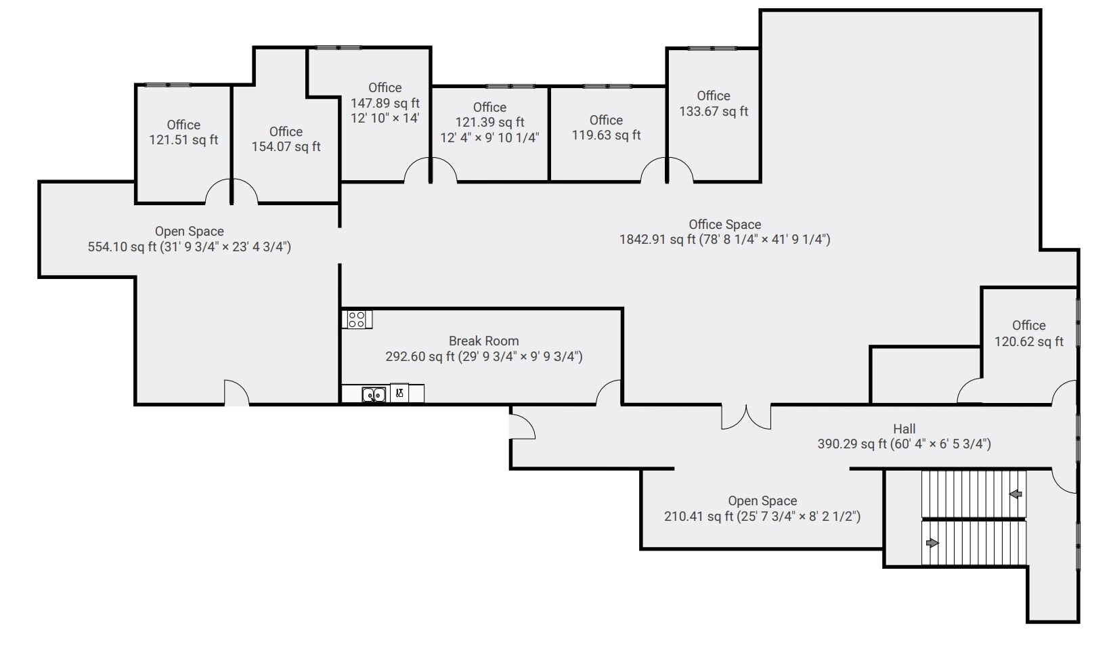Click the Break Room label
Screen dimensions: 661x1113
[483, 341]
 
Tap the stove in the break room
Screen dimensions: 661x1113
[357, 319]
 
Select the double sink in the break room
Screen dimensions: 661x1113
[374, 394]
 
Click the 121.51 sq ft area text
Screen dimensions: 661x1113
[183, 140]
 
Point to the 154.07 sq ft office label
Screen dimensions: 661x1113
[286, 146]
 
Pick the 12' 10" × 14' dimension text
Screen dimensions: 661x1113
[385, 118]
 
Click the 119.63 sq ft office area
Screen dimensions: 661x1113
[606, 135]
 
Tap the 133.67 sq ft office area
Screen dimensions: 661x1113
[714, 111]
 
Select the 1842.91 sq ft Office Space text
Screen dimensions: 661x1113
[724, 239]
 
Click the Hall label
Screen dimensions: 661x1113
[904, 429]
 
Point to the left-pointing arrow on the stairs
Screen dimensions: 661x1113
[1016, 494]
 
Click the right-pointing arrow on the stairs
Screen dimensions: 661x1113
[933, 542]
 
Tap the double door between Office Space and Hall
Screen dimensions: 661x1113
[746, 417]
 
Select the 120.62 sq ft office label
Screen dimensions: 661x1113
[1028, 341]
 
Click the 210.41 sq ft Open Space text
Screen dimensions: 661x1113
[762, 516]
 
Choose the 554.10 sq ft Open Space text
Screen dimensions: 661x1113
[189, 247]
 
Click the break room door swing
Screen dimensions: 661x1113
[610, 393]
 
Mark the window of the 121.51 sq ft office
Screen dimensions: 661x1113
[169, 85]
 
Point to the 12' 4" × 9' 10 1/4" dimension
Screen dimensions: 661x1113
[489, 137]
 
